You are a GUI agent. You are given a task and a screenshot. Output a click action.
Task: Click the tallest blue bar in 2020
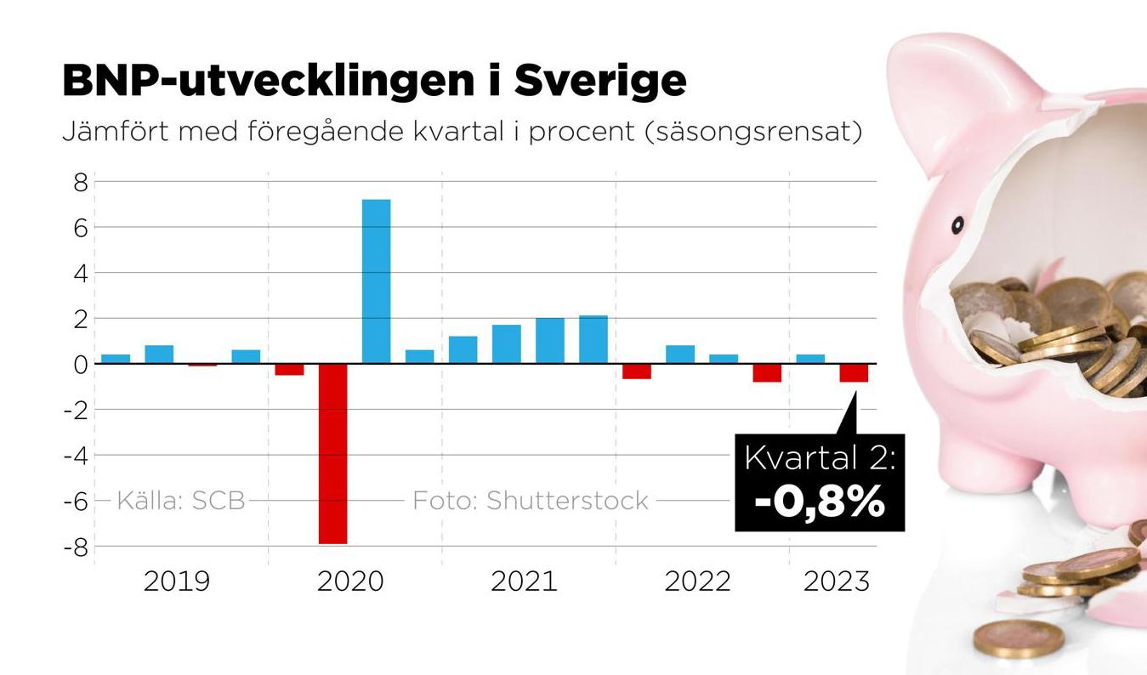point(376,281)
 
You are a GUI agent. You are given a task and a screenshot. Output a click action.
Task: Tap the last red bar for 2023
point(854,373)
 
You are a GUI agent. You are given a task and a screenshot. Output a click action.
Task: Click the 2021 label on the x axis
point(524,582)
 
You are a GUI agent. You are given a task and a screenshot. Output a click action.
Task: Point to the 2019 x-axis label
point(176,582)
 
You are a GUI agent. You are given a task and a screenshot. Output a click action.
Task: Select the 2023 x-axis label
point(837,582)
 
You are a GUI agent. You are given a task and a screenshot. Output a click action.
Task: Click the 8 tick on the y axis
point(80,182)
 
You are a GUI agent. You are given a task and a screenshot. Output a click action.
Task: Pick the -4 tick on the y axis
point(76,456)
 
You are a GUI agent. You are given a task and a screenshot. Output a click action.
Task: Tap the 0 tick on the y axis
point(80,365)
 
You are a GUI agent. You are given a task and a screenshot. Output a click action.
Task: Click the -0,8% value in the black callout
point(820,502)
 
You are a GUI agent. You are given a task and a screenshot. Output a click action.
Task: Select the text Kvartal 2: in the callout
point(820,458)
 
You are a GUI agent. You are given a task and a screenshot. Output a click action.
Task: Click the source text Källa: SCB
point(180,501)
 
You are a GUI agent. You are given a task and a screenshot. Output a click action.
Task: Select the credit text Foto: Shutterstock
point(531,501)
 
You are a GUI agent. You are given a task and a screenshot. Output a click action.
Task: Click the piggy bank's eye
point(957,225)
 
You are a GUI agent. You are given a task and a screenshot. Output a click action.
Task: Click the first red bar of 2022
point(636,372)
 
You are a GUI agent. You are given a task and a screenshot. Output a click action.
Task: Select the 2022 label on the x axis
point(697,582)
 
